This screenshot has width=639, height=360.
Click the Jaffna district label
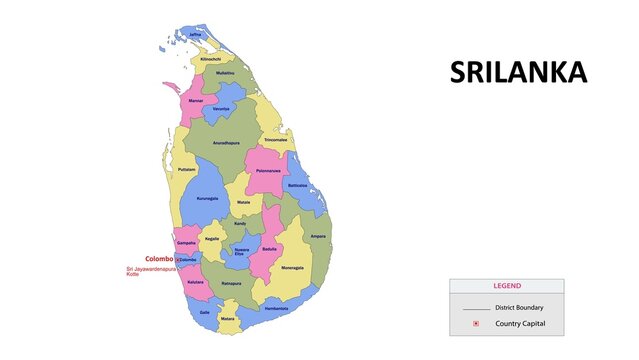[x=195, y=35]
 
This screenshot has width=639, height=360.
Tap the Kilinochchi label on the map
[x=211, y=59]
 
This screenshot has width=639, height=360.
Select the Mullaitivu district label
[x=225, y=73]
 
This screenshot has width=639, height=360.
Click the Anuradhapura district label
[x=226, y=143]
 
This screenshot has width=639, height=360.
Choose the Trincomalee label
[x=276, y=140]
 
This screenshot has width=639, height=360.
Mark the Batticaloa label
[x=297, y=186]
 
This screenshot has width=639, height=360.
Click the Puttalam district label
[x=186, y=170]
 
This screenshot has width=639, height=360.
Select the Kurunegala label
[x=207, y=198]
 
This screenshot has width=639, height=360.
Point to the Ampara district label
[x=318, y=236]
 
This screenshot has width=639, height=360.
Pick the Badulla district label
[x=269, y=248]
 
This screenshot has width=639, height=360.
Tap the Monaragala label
[x=292, y=268]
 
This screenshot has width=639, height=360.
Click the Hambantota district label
[x=276, y=308]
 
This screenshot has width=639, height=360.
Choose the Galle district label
[x=204, y=312]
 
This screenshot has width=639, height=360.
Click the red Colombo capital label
[x=159, y=259]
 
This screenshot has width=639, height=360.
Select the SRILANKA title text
[x=518, y=73]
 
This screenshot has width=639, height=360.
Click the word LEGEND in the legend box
[x=506, y=286]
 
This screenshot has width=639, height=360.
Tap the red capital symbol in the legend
[x=476, y=325]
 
